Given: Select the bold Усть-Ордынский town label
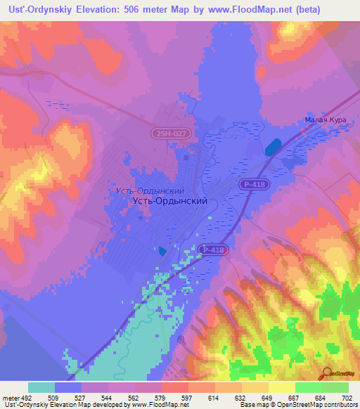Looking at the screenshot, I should [x=169, y=200].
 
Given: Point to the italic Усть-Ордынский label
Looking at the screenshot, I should [x=150, y=190].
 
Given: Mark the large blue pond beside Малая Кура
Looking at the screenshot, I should [x=271, y=147].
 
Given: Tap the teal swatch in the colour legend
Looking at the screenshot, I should [x=41, y=387].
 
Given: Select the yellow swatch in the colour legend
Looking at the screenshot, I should [x=282, y=387].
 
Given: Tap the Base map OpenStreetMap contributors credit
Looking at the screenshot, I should [x=298, y=405].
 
